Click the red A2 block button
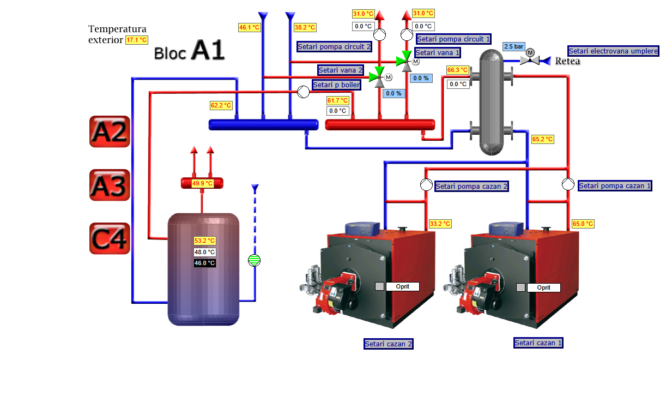click(x=110, y=131)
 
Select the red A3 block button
click(x=110, y=185)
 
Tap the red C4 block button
click(x=110, y=238)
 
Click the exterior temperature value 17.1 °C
click(x=137, y=40)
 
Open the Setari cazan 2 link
click(x=389, y=344)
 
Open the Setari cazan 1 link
click(x=538, y=343)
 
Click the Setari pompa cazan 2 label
click(x=472, y=187)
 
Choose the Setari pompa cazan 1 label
click(x=615, y=186)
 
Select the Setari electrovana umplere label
click(x=613, y=51)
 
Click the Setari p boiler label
click(x=336, y=85)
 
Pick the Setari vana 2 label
click(x=341, y=70)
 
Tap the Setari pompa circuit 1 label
click(x=453, y=39)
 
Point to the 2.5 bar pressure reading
click(x=513, y=47)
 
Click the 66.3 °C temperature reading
click(x=457, y=70)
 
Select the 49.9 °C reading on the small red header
click(x=202, y=184)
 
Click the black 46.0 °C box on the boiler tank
click(x=205, y=263)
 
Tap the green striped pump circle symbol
click(x=254, y=260)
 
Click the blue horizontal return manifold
click(x=264, y=125)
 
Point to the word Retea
click(x=567, y=61)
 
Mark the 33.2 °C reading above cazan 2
click(x=440, y=224)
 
